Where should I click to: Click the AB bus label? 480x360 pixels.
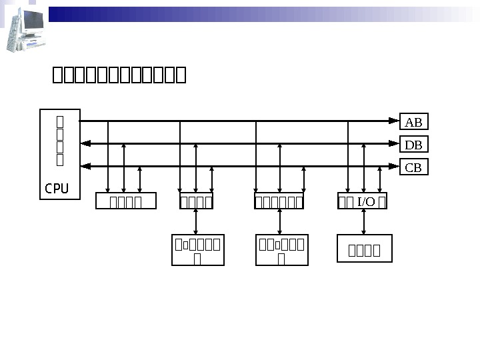click(x=413, y=122)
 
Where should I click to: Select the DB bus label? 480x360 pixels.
click(x=413, y=145)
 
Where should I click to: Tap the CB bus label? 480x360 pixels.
click(x=413, y=167)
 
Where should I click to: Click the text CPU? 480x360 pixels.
click(x=57, y=189)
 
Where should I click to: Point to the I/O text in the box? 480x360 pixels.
click(x=366, y=201)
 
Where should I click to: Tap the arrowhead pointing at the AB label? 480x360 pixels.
click(x=394, y=121)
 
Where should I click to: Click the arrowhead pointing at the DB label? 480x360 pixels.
click(x=394, y=143)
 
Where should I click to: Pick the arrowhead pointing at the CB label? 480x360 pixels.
click(x=394, y=166)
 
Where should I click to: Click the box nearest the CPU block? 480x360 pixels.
click(x=126, y=201)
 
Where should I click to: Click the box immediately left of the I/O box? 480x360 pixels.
click(x=280, y=201)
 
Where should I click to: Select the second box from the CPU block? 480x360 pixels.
click(x=197, y=201)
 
